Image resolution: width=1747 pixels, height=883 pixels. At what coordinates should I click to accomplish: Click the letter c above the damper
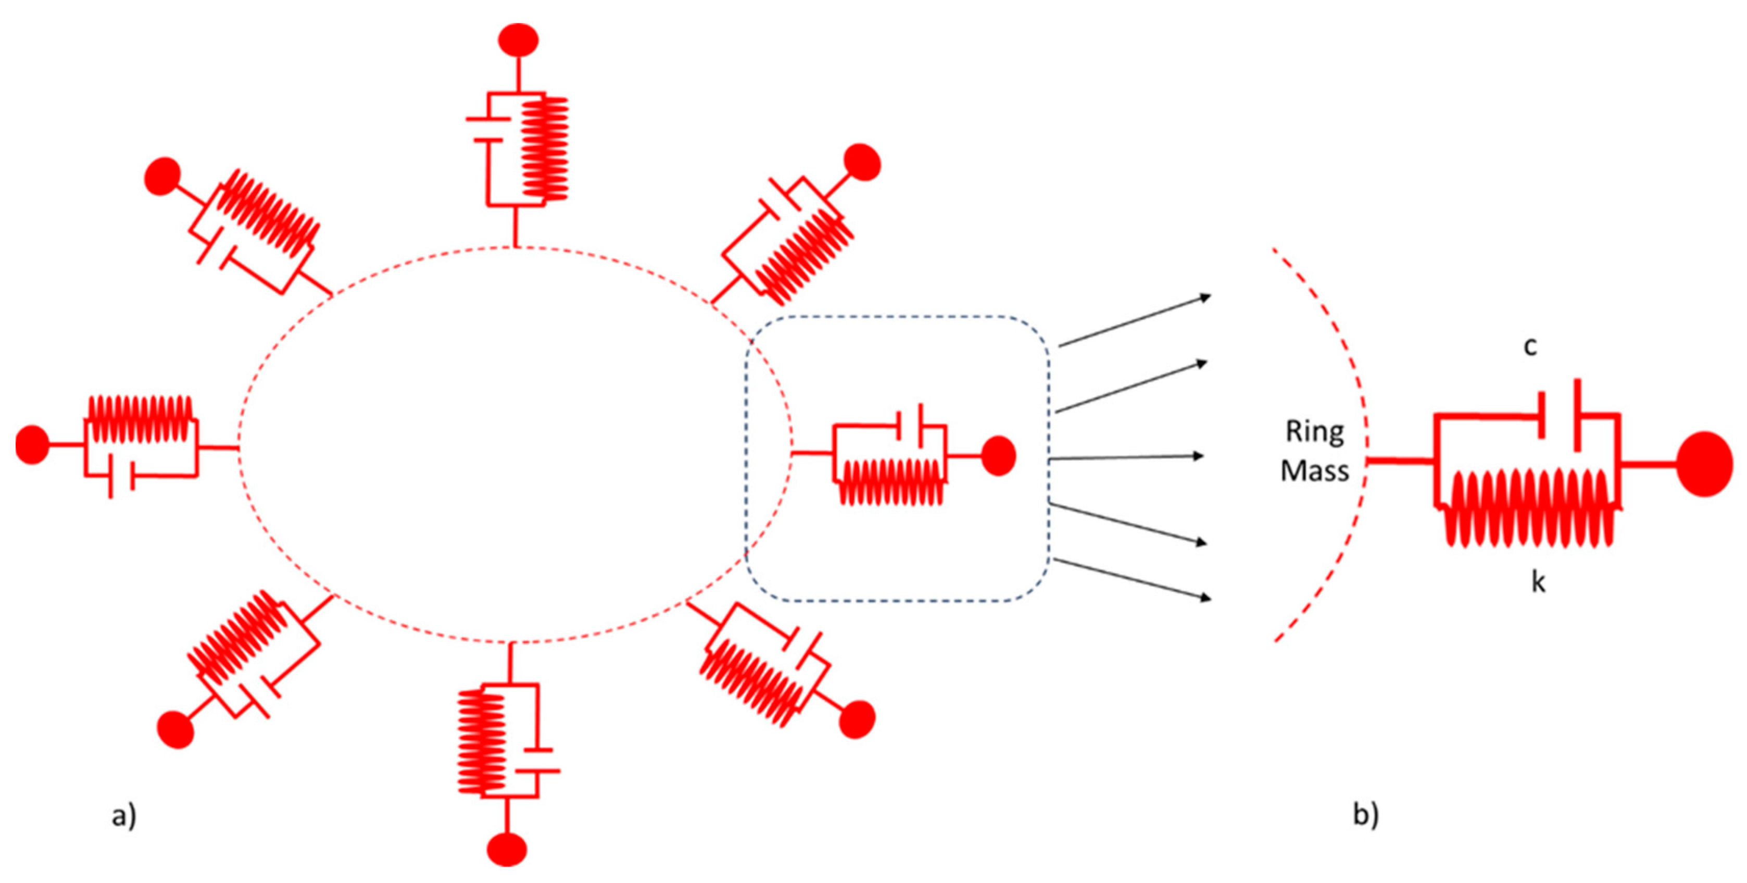coord(1529,347)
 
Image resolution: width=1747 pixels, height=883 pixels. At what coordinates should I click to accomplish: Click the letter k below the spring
coord(1538,582)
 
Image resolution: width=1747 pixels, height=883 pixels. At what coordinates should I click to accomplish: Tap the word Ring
coord(1314,432)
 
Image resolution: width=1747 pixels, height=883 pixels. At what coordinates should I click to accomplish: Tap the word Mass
coord(1314,471)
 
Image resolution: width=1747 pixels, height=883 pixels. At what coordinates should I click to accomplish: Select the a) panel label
coord(124,815)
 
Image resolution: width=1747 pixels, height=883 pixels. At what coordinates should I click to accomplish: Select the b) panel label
coord(1366,814)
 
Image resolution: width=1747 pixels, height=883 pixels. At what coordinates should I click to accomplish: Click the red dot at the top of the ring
coord(518,40)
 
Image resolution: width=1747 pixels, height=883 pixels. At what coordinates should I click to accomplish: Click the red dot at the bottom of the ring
coord(507,849)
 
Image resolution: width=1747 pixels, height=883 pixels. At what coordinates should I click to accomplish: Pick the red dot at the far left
coord(31,445)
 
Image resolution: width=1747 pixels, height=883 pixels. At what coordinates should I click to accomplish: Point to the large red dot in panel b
coord(1704,464)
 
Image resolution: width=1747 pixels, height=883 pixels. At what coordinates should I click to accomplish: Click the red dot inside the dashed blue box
coord(998,455)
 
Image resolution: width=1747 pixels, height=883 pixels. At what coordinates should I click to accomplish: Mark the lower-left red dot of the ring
coord(175,730)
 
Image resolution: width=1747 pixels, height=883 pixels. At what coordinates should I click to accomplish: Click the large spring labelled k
coord(1529,509)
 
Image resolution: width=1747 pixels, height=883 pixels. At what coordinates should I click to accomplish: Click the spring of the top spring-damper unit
coord(545,148)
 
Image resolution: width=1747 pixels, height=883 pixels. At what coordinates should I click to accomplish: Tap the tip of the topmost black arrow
coord(1211,296)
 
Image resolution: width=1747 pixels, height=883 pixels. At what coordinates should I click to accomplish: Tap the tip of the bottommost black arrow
coord(1211,599)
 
